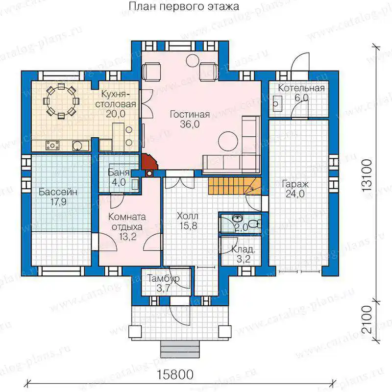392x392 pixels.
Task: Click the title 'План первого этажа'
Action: coord(184,6)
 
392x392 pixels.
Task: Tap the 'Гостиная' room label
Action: coord(190,115)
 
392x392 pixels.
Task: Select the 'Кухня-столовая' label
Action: coord(116,99)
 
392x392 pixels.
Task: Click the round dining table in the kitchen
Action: coord(61,101)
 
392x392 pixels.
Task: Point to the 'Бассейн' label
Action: coord(58,192)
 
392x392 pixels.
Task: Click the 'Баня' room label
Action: coord(119,172)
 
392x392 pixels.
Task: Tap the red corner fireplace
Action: coord(150,162)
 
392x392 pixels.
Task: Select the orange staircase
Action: coord(235,186)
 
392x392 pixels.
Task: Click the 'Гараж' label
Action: coord(295,184)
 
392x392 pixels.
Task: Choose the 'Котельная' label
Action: coord(301,88)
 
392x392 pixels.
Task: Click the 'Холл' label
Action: coord(188,216)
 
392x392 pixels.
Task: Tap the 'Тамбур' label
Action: coord(163,278)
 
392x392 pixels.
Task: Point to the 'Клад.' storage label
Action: coord(243,249)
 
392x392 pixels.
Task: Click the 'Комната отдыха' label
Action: coord(127,222)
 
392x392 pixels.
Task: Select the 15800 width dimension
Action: coord(175,374)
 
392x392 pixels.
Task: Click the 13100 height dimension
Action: coord(367,175)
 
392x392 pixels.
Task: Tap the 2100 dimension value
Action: coord(367,319)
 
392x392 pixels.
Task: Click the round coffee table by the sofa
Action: coord(228,141)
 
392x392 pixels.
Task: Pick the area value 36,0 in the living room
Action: coord(190,124)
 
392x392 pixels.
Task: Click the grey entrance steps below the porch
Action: coord(180,349)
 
